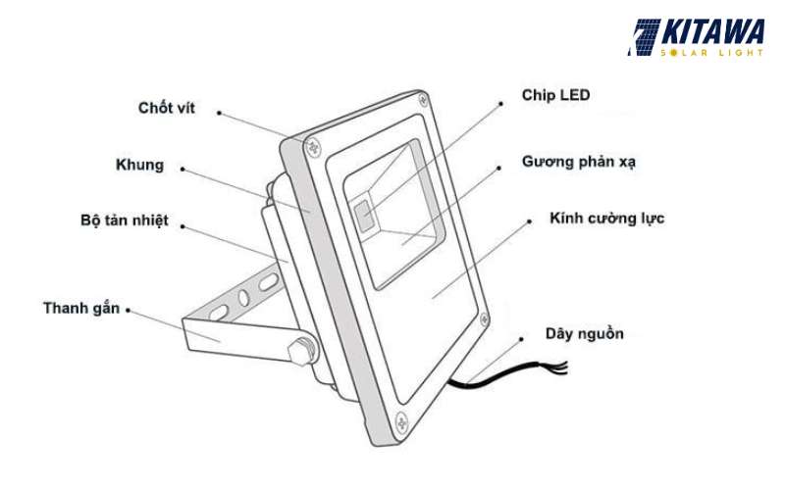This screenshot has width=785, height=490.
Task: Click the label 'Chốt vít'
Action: pos(167,108)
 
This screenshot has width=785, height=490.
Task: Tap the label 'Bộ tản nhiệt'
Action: pos(125,220)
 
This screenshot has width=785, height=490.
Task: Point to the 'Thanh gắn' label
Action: pos(81,308)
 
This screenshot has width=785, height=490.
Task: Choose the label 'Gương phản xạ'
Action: pos(579,161)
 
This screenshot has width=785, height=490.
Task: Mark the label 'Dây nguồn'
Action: pos(585,334)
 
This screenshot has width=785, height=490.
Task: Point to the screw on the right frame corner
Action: pos(483,318)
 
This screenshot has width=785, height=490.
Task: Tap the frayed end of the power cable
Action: pos(561,367)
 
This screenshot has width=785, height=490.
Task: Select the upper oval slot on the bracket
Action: pos(266,281)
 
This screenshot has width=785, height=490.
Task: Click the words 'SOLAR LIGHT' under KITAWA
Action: pos(714,52)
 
